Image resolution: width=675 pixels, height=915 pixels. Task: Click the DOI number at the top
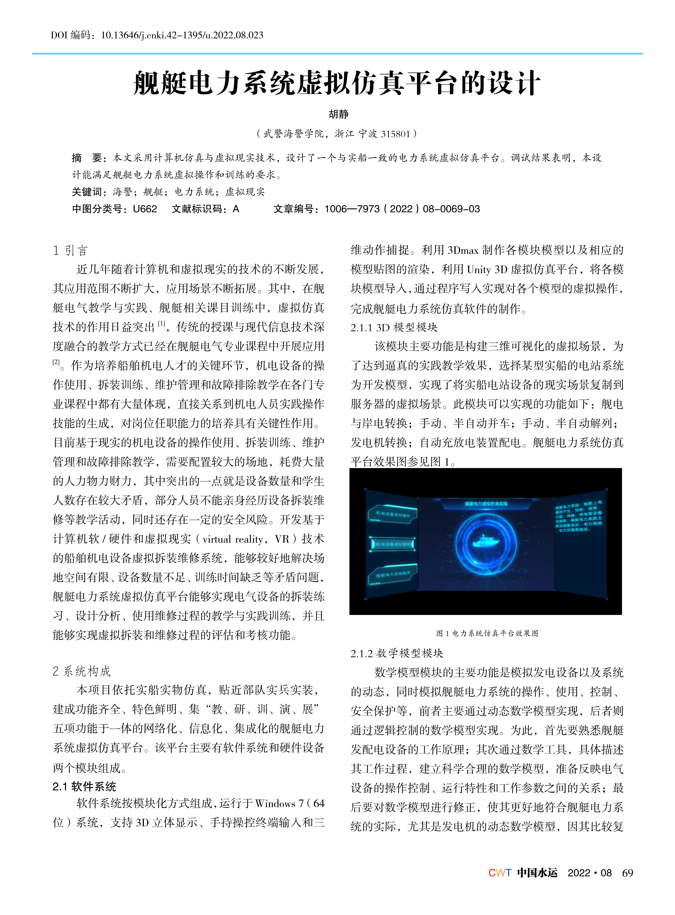click(x=182, y=35)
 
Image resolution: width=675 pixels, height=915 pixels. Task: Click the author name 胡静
click(x=338, y=114)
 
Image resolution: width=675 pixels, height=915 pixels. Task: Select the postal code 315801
click(x=395, y=134)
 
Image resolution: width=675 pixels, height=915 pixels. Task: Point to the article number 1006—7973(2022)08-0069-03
click(x=402, y=209)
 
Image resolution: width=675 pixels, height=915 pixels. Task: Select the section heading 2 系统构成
click(x=82, y=671)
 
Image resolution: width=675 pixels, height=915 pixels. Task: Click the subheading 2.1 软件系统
click(x=84, y=786)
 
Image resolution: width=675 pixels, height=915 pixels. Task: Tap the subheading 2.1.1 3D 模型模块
click(x=394, y=327)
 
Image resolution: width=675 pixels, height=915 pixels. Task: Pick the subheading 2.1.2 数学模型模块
click(x=397, y=653)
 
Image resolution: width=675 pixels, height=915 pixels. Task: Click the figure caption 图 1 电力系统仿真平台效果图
click(x=487, y=633)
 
